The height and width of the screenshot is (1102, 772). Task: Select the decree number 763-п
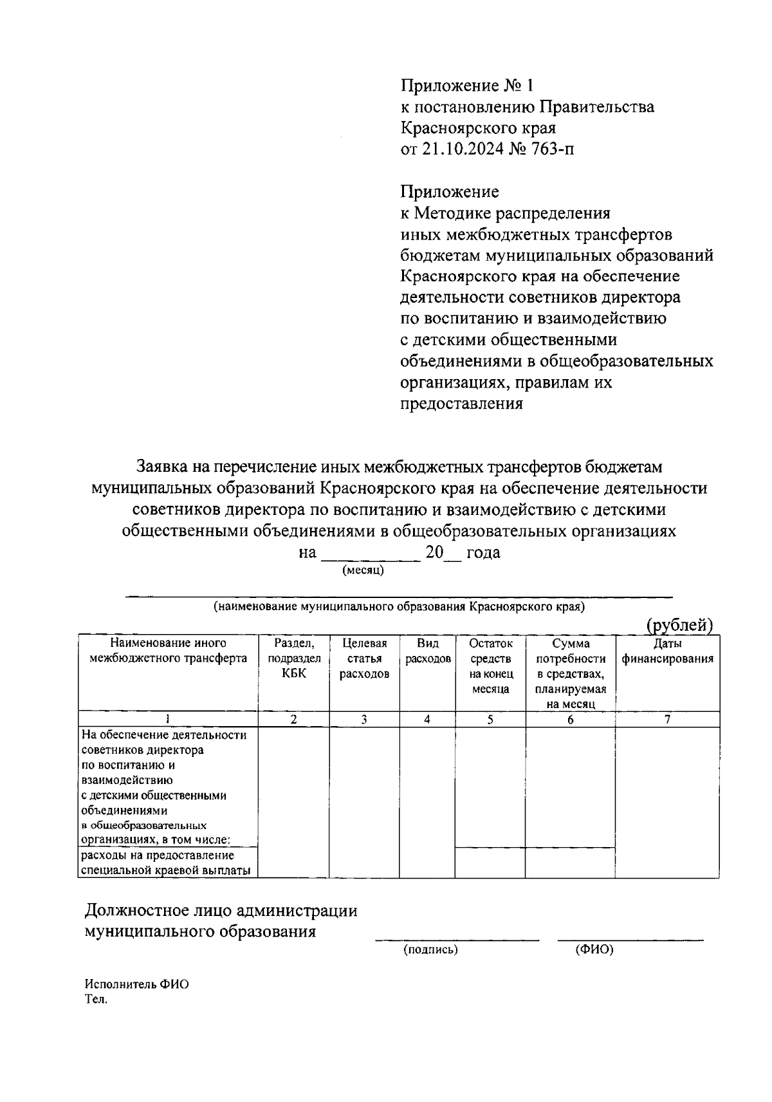(553, 149)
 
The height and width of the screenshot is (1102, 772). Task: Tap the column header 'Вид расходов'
(427, 651)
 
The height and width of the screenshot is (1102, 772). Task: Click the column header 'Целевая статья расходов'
(364, 658)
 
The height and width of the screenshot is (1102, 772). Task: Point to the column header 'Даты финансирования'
(667, 651)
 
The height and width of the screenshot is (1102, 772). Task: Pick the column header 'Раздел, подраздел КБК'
(293, 658)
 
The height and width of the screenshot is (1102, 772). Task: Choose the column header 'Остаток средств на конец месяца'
(490, 666)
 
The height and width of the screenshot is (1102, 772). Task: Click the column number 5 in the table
(490, 720)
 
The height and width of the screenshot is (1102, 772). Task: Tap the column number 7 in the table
(667, 720)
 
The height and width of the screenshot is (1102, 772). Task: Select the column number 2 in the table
(293, 720)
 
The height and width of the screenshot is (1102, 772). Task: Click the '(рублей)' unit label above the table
(680, 625)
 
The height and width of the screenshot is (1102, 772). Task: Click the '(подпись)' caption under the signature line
(430, 949)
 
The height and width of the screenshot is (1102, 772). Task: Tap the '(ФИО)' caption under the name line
(594, 949)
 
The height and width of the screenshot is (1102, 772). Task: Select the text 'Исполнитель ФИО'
(137, 985)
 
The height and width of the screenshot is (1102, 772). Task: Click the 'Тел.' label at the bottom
(96, 1000)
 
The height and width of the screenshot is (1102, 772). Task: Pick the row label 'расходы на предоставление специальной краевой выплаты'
(166, 863)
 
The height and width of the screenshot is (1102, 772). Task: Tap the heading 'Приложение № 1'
(467, 86)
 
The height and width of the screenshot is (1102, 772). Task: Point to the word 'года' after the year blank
(483, 552)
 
